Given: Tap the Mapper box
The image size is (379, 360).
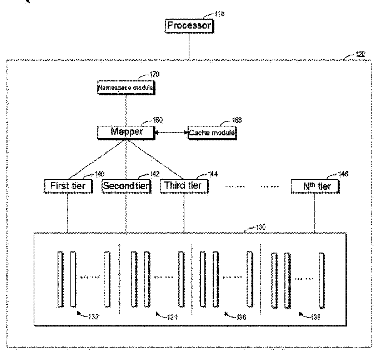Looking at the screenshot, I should point(126,133).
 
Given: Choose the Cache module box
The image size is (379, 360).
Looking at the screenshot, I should point(212,133).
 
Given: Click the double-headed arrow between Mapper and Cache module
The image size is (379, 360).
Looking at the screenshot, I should point(171,133).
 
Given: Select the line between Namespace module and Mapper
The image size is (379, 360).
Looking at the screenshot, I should point(126,110).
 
